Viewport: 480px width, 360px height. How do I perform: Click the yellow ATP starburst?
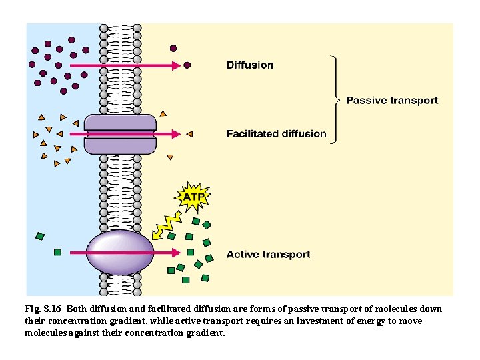(193, 197)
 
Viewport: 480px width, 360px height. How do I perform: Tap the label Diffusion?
(250, 65)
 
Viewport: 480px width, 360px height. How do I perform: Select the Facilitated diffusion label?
(276, 134)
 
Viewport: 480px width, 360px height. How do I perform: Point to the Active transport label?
(268, 254)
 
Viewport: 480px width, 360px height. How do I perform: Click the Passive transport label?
(392, 101)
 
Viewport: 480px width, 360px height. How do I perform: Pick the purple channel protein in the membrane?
(120, 133)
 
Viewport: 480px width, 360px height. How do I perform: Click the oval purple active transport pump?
(121, 253)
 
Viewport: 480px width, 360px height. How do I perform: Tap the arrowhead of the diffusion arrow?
(177, 65)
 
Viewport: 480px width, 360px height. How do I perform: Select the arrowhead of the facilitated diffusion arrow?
(177, 134)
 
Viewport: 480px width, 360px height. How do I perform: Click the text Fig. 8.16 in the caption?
(43, 309)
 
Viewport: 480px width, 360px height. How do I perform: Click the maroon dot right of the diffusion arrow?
(187, 65)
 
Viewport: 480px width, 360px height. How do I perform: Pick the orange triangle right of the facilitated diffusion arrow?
(189, 134)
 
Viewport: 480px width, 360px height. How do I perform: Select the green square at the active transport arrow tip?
(190, 253)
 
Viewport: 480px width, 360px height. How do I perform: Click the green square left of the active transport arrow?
(57, 253)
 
